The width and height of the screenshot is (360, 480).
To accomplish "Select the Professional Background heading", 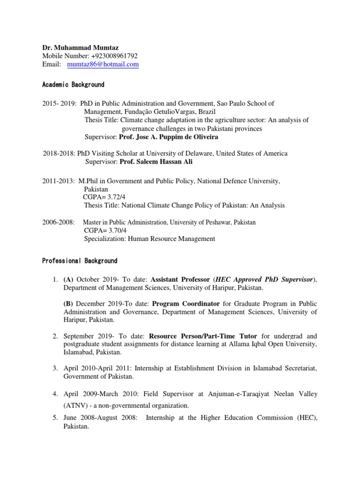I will pyautogui.click(x=80, y=261).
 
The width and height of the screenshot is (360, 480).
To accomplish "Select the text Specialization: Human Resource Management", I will pyautogui.click(x=150, y=239).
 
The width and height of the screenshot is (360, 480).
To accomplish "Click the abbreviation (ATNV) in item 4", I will pyautogui.click(x=74, y=405).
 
